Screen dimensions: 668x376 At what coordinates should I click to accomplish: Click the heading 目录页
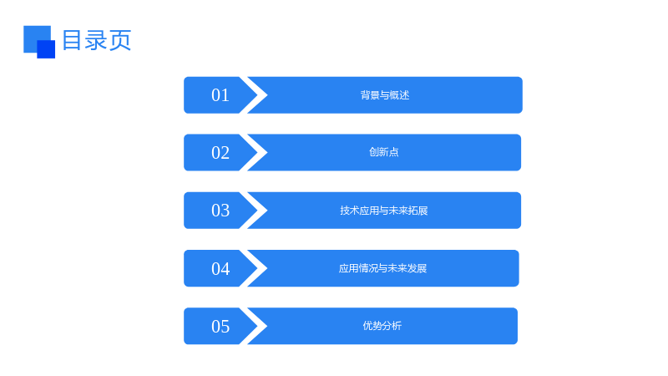coord(97,40)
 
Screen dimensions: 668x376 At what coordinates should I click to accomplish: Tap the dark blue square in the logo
coord(46,49)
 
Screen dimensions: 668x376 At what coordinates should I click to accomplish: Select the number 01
coord(220,95)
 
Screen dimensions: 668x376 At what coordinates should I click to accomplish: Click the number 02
coord(220,153)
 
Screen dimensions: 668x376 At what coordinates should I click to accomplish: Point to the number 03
coord(220,211)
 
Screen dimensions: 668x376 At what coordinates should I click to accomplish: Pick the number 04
coord(220,268)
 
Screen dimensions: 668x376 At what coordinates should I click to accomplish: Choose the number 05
coord(220,327)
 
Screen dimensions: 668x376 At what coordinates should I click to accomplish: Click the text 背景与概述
coord(385,95)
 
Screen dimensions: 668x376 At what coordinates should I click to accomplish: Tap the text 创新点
coord(384,152)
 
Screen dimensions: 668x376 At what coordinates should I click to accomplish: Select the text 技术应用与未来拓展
coord(384,211)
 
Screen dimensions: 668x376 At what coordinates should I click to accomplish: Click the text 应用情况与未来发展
coord(382,268)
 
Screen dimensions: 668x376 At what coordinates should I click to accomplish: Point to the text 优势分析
coord(382,326)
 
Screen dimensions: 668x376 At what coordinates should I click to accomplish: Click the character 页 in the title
coord(120,40)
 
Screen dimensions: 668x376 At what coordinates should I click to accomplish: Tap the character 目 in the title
coord(72,40)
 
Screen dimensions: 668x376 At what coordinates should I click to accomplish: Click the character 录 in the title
coord(95,40)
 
